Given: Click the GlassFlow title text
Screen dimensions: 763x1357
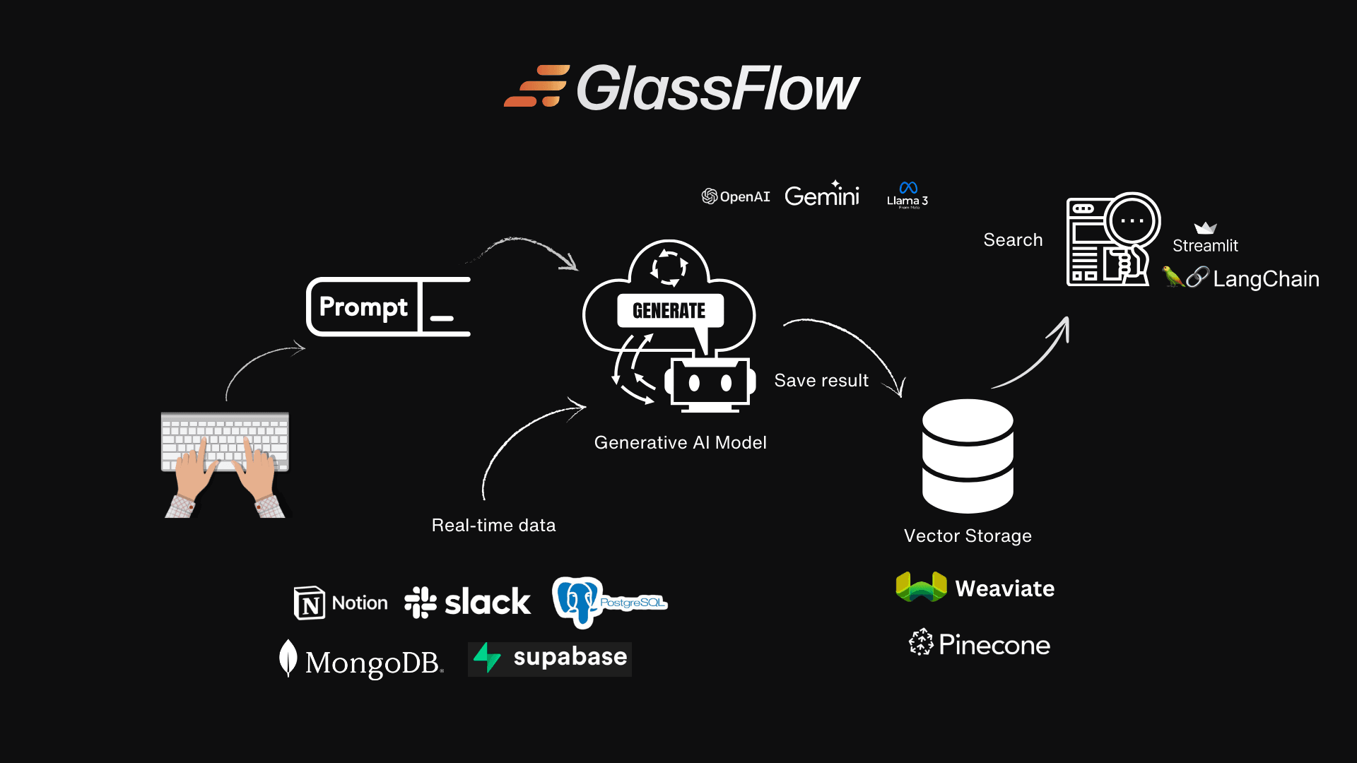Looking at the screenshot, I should click(717, 89).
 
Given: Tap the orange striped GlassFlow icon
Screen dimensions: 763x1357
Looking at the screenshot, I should click(537, 86).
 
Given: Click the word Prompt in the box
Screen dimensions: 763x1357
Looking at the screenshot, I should click(363, 307).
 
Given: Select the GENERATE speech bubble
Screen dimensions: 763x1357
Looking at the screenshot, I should click(669, 311).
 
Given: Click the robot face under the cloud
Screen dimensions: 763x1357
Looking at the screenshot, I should click(710, 383).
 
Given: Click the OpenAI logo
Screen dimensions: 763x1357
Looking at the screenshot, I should click(735, 196).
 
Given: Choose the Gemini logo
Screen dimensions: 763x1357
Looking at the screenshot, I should click(822, 195).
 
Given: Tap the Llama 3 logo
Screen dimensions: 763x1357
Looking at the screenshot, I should click(907, 195).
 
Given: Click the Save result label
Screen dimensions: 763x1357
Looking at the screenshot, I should click(821, 381).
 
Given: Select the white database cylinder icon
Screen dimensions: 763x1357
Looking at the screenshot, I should click(968, 456).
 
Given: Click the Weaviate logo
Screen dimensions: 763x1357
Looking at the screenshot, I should click(975, 588).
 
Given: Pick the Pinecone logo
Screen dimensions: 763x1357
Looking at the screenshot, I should click(980, 644).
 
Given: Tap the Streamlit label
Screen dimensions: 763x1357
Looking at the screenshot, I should click(1205, 245).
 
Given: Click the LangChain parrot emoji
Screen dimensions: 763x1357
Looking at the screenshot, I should click(1173, 276).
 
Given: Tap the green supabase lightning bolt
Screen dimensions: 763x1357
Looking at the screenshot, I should click(486, 657).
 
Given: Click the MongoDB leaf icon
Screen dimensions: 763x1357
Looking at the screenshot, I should click(288, 658).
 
